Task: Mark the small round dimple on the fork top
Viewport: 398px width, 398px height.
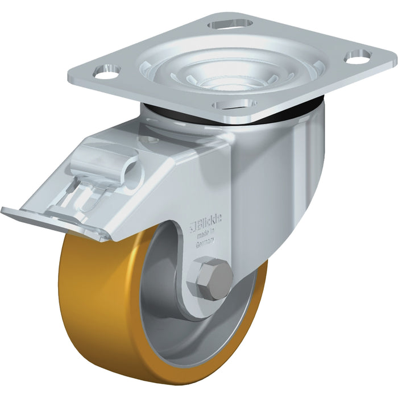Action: pos(151,136)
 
